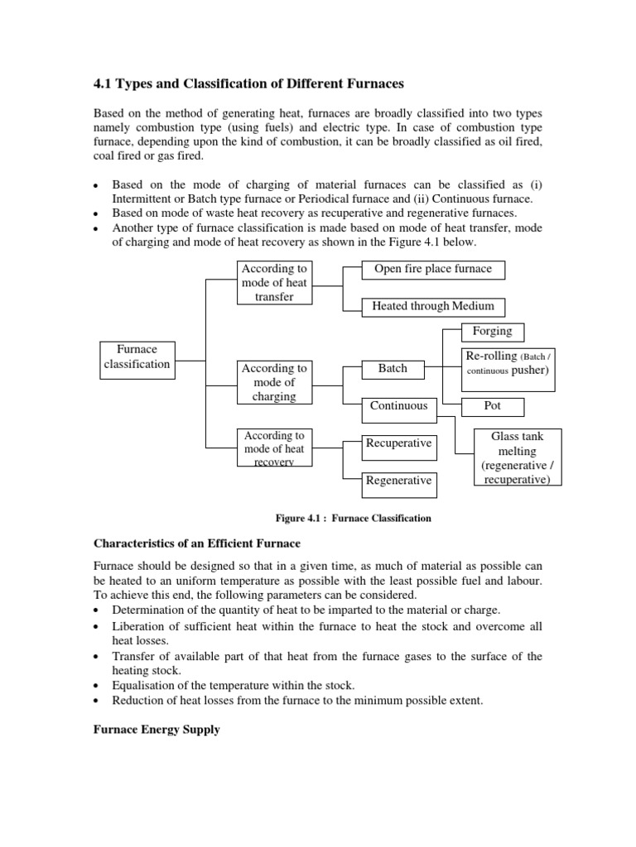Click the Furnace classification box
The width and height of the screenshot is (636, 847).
(x=137, y=357)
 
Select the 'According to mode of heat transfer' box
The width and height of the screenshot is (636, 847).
(x=273, y=282)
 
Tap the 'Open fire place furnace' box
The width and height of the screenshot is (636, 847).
(x=433, y=269)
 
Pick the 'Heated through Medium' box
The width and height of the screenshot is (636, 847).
(x=433, y=306)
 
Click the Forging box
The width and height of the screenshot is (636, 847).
(x=492, y=331)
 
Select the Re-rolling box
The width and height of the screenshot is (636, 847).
(x=506, y=363)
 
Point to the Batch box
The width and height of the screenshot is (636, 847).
(x=393, y=368)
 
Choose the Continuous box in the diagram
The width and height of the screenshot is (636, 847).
(x=398, y=405)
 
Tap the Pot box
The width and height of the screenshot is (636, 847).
(x=492, y=406)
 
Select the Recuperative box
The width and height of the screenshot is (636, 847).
(x=398, y=443)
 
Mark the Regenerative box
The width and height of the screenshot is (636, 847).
(x=398, y=481)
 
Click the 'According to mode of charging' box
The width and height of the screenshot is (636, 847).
(x=273, y=382)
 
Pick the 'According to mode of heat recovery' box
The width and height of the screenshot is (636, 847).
(x=273, y=448)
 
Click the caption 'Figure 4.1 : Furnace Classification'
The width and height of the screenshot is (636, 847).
(x=354, y=519)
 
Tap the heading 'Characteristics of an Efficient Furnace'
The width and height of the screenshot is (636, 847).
(x=195, y=543)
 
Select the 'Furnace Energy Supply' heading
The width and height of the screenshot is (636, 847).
(x=155, y=730)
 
